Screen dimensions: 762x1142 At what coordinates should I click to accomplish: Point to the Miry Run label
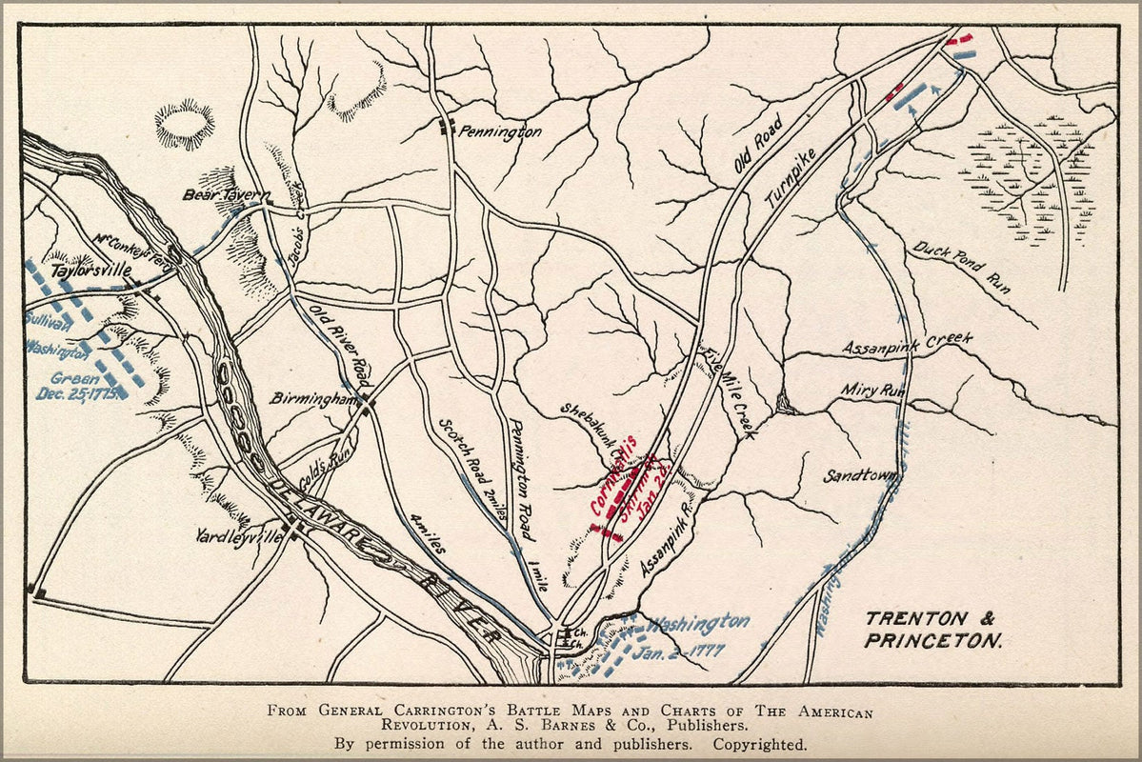click(872, 391)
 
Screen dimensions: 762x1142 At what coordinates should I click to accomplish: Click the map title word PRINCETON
click(932, 642)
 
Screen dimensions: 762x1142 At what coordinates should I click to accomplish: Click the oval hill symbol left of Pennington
click(185, 124)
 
